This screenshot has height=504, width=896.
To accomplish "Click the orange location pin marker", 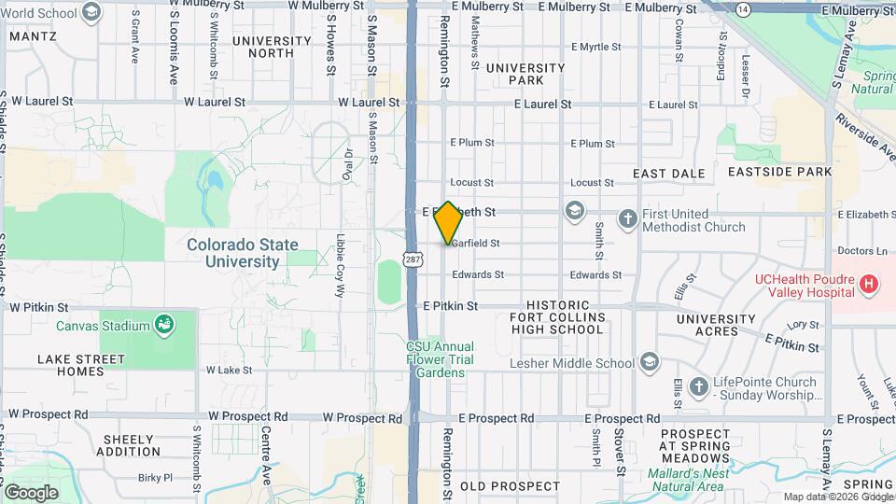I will tap(448, 223).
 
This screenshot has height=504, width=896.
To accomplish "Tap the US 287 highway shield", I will tap(412, 257).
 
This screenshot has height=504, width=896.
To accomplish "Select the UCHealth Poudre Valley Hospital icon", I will tap(869, 283).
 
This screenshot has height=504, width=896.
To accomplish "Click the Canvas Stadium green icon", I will tap(165, 325).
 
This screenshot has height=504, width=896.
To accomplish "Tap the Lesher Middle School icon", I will tap(650, 362).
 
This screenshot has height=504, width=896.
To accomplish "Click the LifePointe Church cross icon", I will tap(698, 386).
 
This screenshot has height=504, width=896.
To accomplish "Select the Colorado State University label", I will tap(243, 253).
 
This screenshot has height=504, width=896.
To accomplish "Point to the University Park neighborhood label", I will tap(525, 74).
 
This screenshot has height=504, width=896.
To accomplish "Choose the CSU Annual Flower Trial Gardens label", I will tap(440, 359).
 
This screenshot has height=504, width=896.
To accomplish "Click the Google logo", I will tap(31, 492).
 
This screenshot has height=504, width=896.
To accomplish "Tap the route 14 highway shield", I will tap(742, 8).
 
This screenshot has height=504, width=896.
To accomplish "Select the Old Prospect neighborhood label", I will tap(511, 486).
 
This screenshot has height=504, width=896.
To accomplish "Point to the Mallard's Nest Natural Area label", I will tap(689, 480).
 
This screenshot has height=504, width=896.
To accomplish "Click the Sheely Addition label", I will tap(129, 445).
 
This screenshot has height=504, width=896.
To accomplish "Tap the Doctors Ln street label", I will tap(861, 250).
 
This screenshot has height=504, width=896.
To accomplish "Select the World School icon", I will tap(91, 11).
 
